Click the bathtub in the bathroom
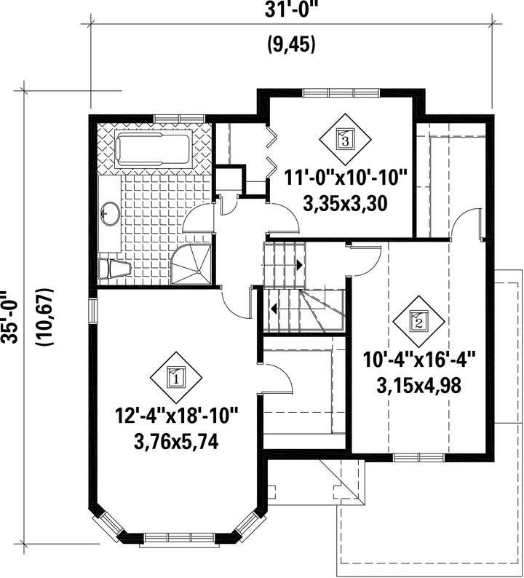tap(154, 149)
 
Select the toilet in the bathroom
tap(114, 269)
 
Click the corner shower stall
tap(191, 264)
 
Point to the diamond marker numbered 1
tap(176, 378)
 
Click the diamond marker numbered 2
tap(418, 322)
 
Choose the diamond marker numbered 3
tap(345, 139)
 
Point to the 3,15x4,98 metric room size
tap(418, 386)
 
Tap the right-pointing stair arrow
tap(299, 265)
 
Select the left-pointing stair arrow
tap(274, 308)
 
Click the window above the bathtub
tap(179, 119)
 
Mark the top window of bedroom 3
tap(341, 92)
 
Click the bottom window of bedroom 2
tap(418, 458)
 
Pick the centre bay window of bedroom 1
tap(179, 537)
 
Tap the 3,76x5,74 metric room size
tap(176, 442)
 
